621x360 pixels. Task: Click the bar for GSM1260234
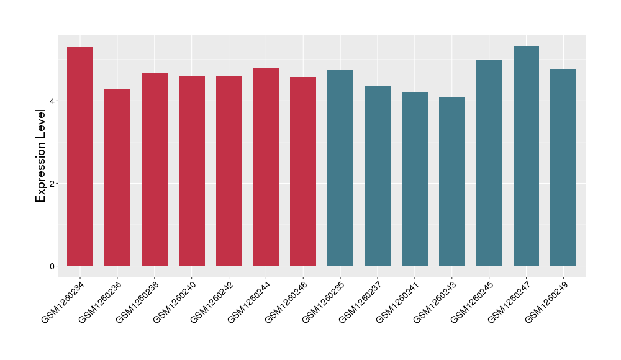(x=80, y=156)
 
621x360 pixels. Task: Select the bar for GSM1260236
(x=117, y=178)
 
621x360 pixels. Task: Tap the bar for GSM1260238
(x=155, y=169)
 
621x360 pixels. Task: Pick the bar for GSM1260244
(x=266, y=167)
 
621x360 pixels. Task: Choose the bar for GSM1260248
(x=303, y=171)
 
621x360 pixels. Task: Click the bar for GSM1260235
(x=340, y=168)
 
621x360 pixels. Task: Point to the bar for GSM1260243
(x=452, y=181)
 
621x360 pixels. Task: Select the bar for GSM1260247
(x=526, y=156)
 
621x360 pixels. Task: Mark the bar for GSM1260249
(x=563, y=168)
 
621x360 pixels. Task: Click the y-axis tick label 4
(x=54, y=101)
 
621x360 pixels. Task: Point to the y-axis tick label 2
(x=54, y=184)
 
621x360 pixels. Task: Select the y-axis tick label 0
(x=54, y=266)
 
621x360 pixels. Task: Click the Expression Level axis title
(x=41, y=156)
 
